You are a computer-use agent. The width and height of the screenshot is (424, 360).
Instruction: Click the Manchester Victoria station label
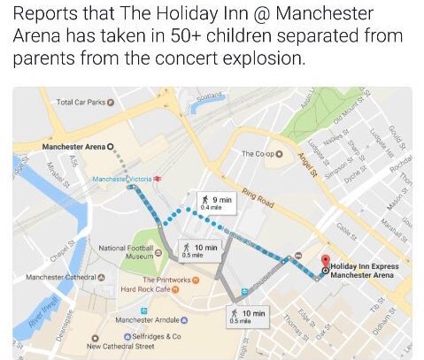pyautogui.click(x=123, y=178)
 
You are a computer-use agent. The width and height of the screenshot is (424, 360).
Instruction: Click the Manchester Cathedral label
pyautogui.click(x=58, y=277)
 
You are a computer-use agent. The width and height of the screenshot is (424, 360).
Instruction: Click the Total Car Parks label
pyautogui.click(x=81, y=103)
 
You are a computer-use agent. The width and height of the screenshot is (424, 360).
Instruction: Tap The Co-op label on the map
pyautogui.click(x=258, y=154)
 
